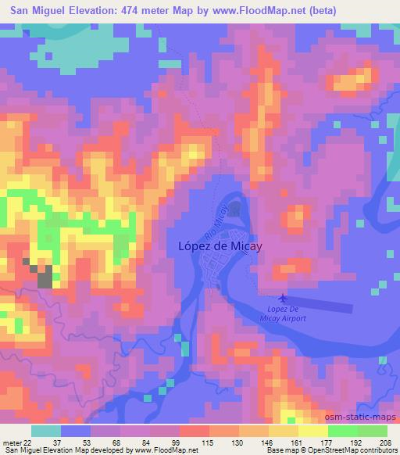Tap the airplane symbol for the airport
pyautogui.click(x=281, y=298)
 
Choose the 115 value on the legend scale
pyautogui.click(x=209, y=442)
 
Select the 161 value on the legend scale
pyautogui.click(x=298, y=442)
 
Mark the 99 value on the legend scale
pyautogui.click(x=179, y=442)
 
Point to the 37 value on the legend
pyautogui.click(x=59, y=442)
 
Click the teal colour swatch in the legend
pyautogui.click(x=46, y=431)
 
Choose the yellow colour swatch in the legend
pyautogui.click(x=312, y=431)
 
